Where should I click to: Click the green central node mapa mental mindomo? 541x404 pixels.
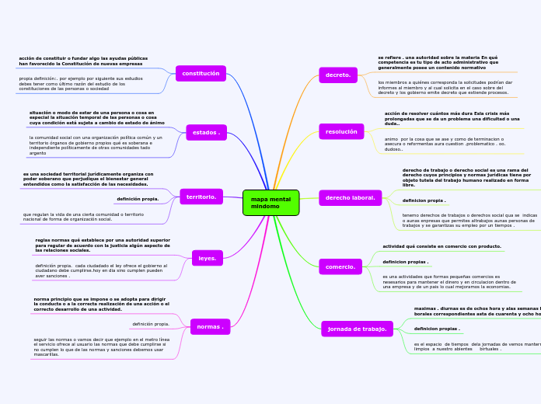(270, 203)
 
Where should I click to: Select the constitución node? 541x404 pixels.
(201, 74)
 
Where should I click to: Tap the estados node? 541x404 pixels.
(206, 133)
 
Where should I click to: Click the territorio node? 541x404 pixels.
(201, 197)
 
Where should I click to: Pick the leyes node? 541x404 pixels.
(208, 258)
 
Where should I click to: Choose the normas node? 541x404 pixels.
(210, 327)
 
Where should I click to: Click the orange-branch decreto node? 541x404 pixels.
(338, 75)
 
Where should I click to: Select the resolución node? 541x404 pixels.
(341, 132)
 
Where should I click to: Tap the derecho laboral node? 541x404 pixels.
(350, 198)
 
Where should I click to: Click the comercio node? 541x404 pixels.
(340, 266)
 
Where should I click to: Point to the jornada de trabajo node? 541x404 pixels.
(357, 329)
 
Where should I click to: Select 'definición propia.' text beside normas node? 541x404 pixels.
(151, 324)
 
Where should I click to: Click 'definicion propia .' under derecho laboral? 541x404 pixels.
(424, 200)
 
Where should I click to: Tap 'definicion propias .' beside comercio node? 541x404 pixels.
(405, 262)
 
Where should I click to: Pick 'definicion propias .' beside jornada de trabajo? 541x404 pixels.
(437, 329)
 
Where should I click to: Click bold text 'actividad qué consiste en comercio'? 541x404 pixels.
(442, 246)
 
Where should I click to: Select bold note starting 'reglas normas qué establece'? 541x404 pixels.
(103, 246)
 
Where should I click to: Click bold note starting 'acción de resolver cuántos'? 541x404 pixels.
(452, 118)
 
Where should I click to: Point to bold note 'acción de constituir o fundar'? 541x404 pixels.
(83, 61)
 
